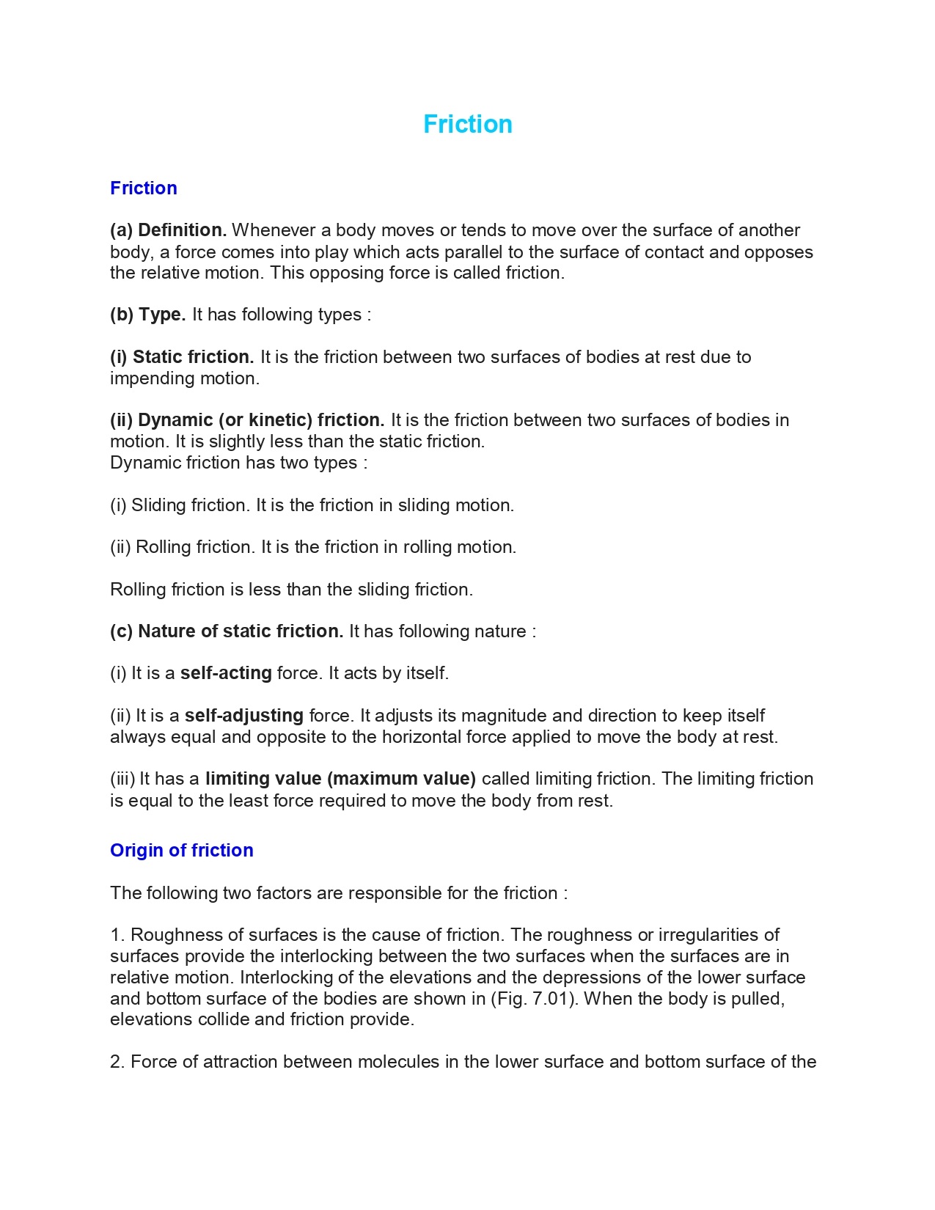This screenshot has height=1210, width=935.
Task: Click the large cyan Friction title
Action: click(467, 124)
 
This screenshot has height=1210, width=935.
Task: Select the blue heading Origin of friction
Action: click(181, 850)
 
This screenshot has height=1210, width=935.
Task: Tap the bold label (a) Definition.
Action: click(168, 230)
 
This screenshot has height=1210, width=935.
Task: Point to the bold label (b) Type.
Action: click(147, 315)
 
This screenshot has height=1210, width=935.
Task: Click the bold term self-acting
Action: click(226, 673)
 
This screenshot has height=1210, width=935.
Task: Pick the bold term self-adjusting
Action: click(243, 716)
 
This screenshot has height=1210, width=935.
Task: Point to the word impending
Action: click(146, 378)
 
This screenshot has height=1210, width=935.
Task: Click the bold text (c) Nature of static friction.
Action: click(227, 631)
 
